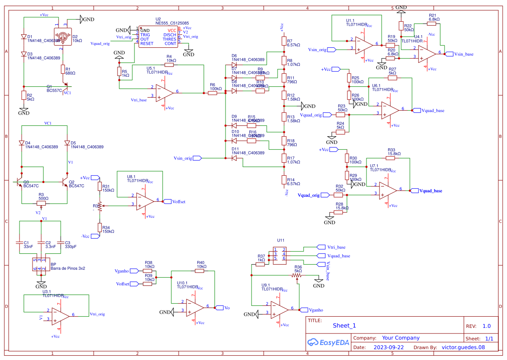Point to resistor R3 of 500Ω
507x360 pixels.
[x=41, y=203]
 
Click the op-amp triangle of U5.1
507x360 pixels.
[x=164, y=92]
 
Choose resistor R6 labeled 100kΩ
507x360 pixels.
[x=213, y=93]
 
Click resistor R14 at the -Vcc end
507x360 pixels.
[x=284, y=180]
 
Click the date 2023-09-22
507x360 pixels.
[x=389, y=347]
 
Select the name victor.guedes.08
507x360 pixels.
[x=463, y=347]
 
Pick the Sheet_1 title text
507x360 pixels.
[x=344, y=326]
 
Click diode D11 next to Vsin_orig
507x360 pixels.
[x=234, y=158]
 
